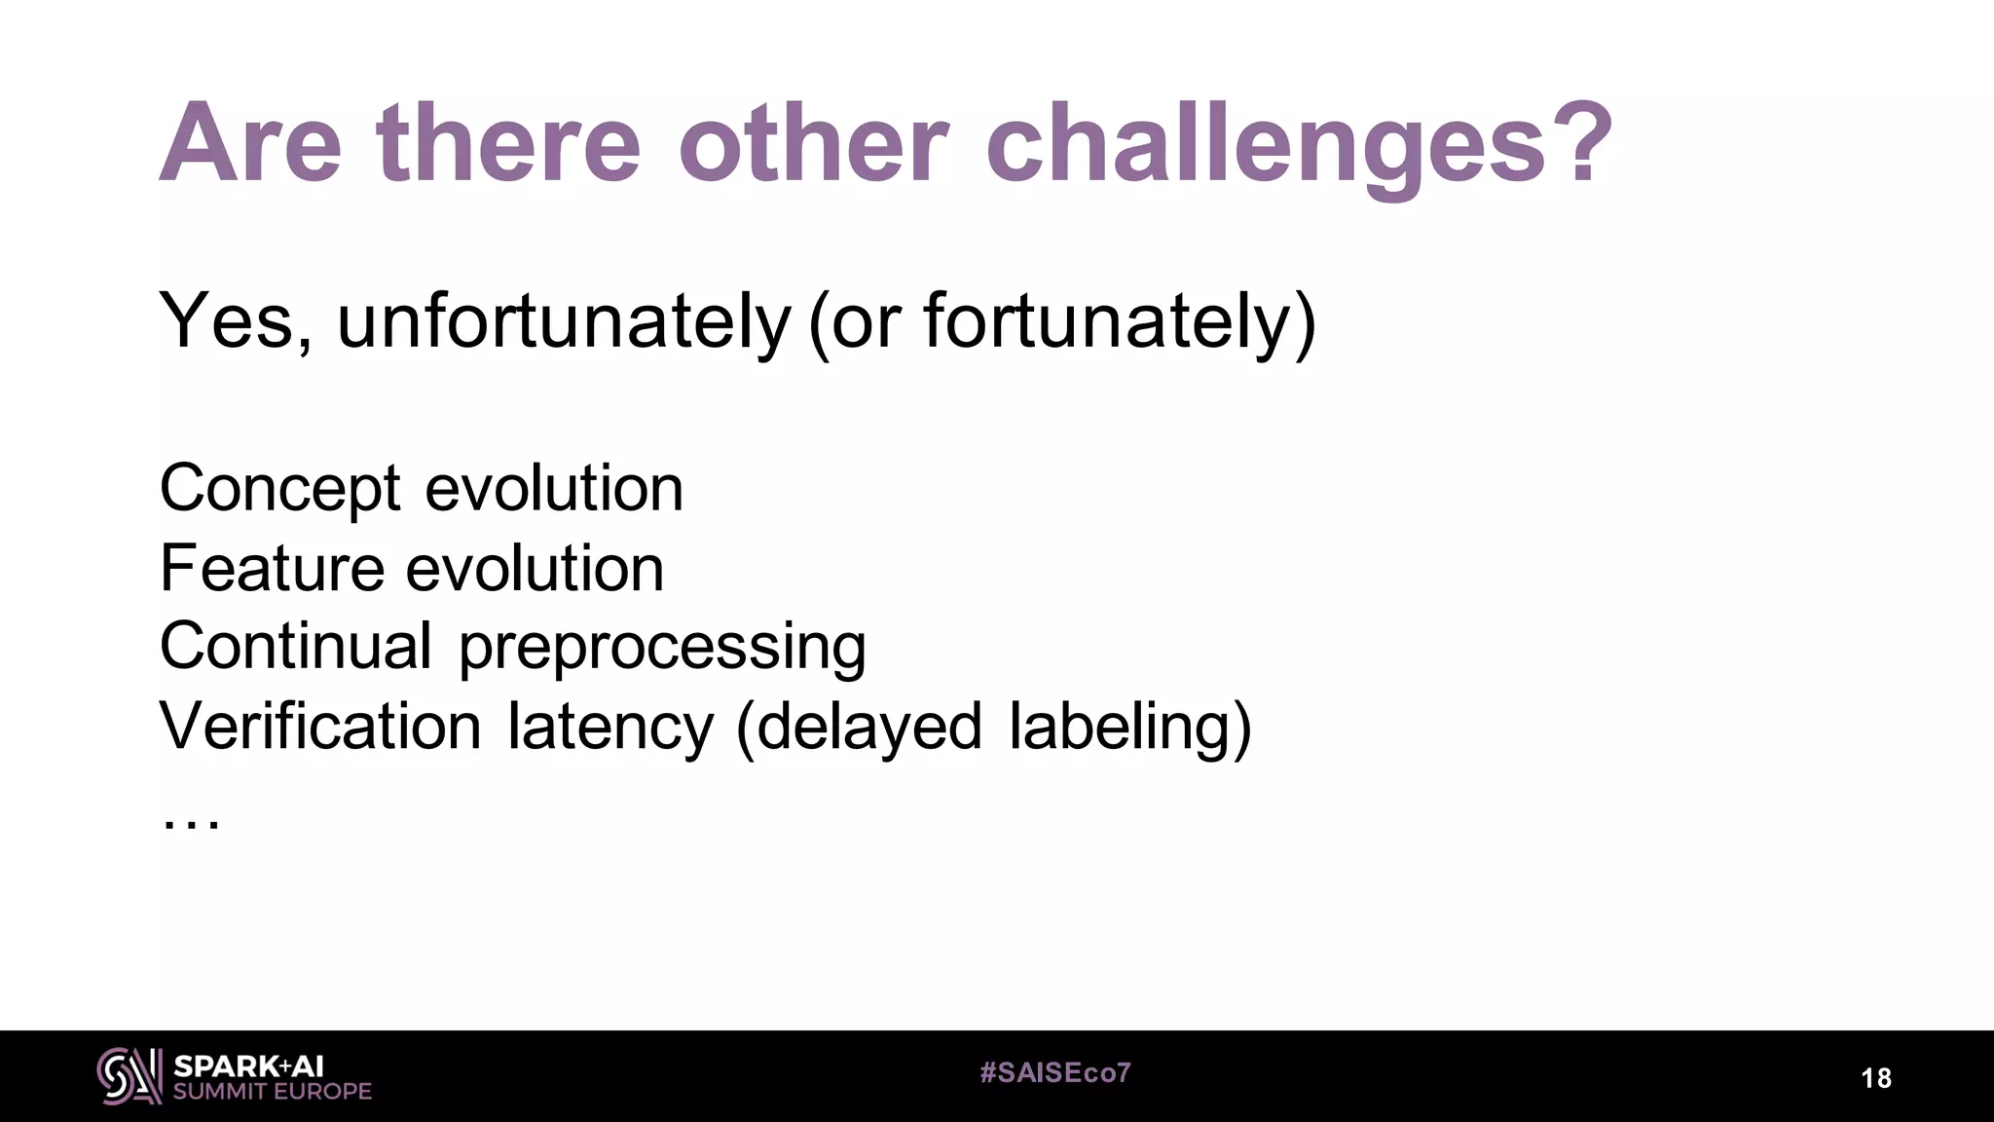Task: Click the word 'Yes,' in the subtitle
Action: pos(237,321)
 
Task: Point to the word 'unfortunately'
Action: pos(564,321)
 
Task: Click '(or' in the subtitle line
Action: pos(855,321)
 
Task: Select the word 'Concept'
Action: pos(279,489)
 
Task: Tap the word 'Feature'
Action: pos(272,569)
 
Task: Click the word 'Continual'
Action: pos(295,647)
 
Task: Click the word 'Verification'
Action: pos(320,727)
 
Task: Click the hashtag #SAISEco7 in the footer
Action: pos(1055,1073)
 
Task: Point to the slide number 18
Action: pos(1876,1078)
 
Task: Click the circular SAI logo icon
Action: pos(129,1076)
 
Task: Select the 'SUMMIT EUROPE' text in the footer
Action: pos(273,1092)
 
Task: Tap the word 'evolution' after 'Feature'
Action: pos(535,569)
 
